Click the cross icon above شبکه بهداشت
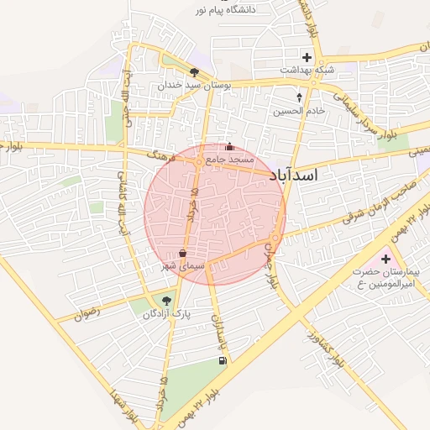pyautogui.click(x=307, y=58)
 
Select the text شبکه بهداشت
pyautogui.click(x=307, y=71)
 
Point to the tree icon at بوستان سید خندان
pyautogui.click(x=195, y=73)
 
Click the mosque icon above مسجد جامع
pyautogui.click(x=229, y=146)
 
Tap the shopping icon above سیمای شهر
pyautogui.click(x=182, y=253)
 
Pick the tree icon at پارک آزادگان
pyautogui.click(x=166, y=300)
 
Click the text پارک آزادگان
pyautogui.click(x=166, y=313)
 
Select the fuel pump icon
pyautogui.click(x=221, y=361)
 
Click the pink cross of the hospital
pyautogui.click(x=385, y=259)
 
